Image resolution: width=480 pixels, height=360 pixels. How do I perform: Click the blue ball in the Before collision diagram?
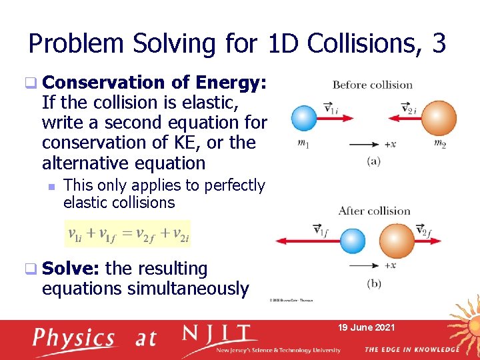(x=304, y=119)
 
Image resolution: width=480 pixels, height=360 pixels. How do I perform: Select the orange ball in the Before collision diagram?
(x=439, y=118)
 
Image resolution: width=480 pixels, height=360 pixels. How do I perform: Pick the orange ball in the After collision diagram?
(x=397, y=241)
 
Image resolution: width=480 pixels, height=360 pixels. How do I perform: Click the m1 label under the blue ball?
(x=305, y=144)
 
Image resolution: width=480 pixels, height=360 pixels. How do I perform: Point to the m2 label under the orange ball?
(x=439, y=144)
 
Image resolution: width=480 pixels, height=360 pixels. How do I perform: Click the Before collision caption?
(x=372, y=85)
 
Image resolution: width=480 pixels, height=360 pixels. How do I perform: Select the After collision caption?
(x=374, y=211)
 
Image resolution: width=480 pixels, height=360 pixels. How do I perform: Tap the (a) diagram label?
(x=374, y=161)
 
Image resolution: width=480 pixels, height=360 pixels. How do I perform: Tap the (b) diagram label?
(x=374, y=283)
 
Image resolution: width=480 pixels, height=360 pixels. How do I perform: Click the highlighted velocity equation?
(x=127, y=234)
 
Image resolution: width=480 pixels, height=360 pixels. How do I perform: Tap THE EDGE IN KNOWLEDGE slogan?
(x=411, y=349)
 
